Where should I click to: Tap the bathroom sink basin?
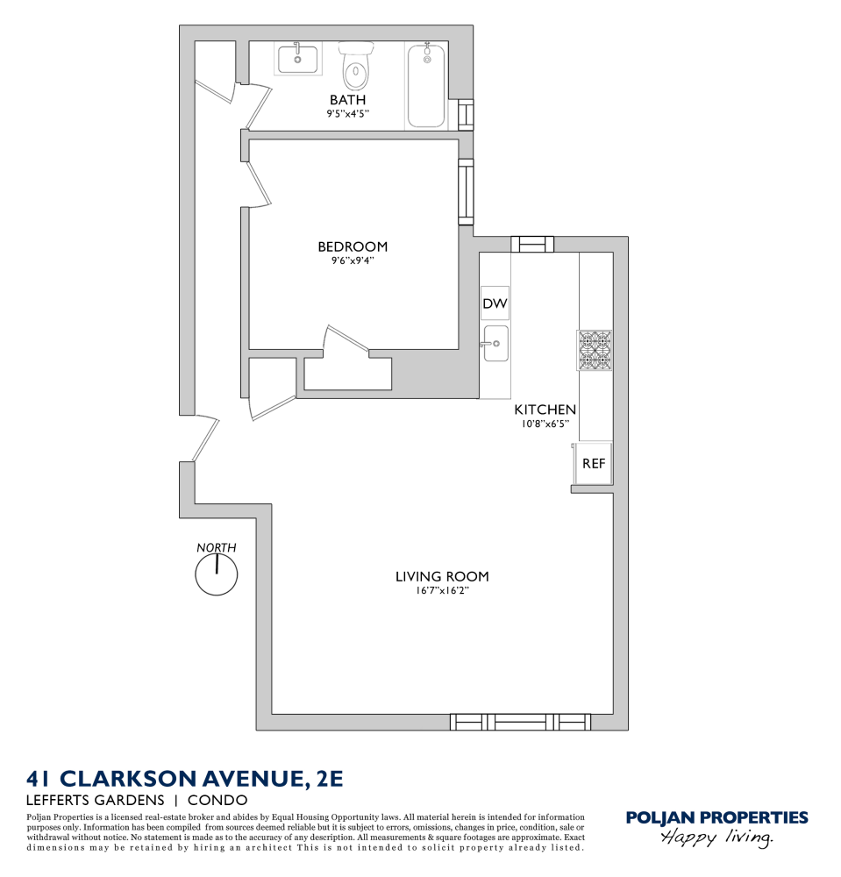(x=297, y=60)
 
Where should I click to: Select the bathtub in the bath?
(x=427, y=86)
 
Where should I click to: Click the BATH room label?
(x=347, y=100)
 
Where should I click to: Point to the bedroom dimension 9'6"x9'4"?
(x=353, y=260)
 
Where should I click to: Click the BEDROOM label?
(x=353, y=246)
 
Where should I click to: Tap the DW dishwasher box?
(x=495, y=303)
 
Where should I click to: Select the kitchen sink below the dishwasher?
(x=495, y=343)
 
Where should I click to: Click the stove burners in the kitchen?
(x=595, y=348)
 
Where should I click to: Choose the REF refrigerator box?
(x=594, y=463)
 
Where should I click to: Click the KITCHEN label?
(x=545, y=410)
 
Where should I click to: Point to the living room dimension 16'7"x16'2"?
(x=442, y=590)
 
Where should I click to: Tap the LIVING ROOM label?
(x=442, y=576)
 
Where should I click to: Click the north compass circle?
(x=216, y=575)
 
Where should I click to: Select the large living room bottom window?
(x=520, y=722)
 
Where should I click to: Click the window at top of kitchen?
(x=532, y=245)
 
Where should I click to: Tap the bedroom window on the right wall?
(x=466, y=191)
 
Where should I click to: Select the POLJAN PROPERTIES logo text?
(x=716, y=818)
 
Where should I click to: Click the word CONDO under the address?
(x=218, y=800)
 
